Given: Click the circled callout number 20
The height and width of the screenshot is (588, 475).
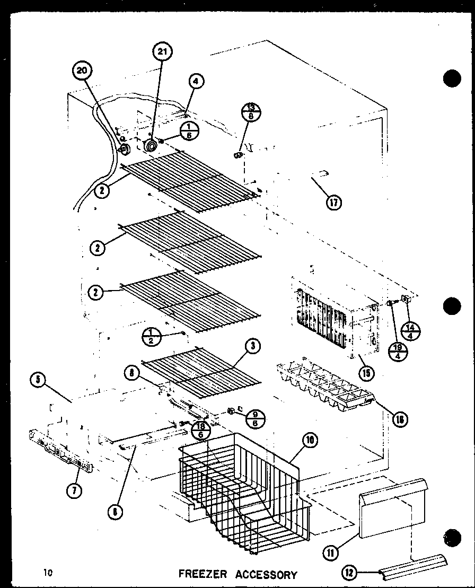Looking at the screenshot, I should (x=84, y=73).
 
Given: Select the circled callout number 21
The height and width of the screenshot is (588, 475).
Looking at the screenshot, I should (x=162, y=52).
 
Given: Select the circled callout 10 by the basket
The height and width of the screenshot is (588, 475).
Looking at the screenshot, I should (x=311, y=440).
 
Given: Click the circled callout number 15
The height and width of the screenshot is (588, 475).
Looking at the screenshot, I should (x=365, y=372).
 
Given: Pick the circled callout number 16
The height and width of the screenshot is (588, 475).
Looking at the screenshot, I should (x=399, y=420).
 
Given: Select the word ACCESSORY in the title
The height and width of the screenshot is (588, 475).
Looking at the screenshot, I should (x=267, y=574).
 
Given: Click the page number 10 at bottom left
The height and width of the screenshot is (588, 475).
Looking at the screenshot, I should (x=49, y=573).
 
